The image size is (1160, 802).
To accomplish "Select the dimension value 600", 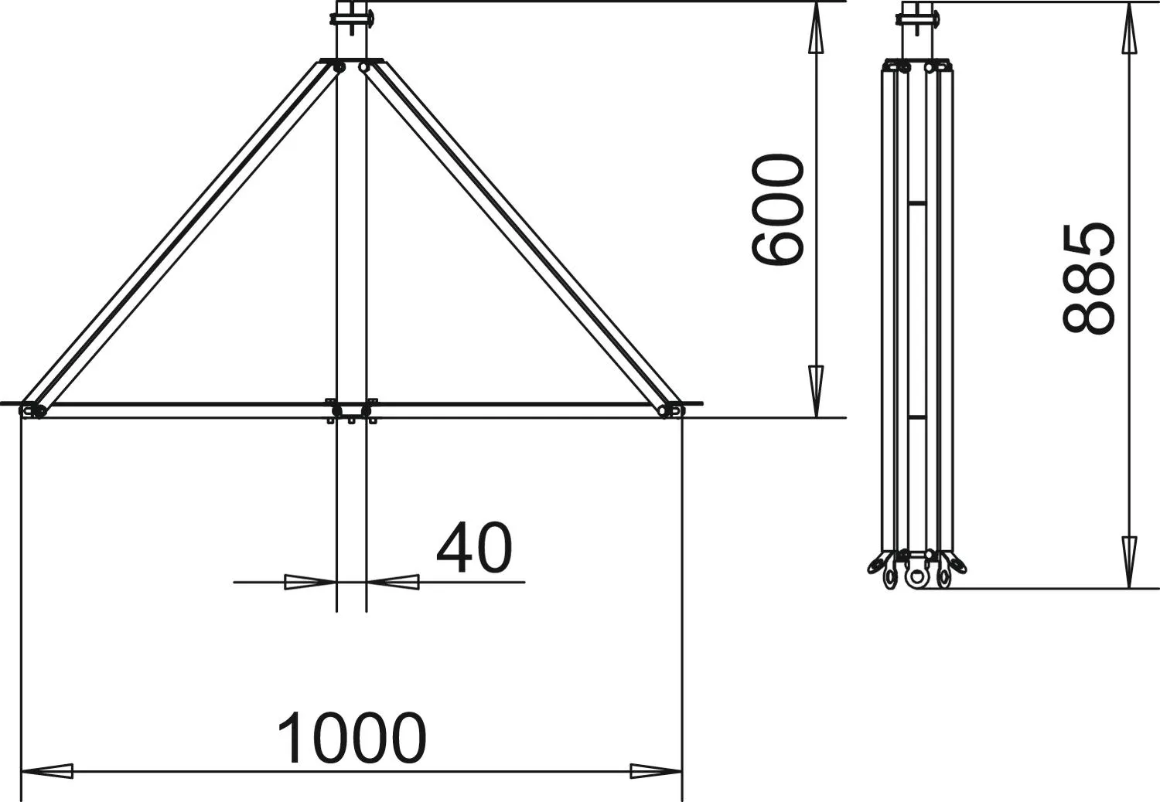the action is [x=777, y=210].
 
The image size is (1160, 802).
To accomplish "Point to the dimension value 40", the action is [x=474, y=548].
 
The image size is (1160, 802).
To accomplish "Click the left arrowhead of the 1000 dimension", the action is [x=46, y=771].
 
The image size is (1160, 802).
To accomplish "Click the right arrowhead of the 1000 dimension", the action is [x=656, y=771].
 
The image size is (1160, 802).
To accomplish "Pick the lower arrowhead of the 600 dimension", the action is [x=816, y=391].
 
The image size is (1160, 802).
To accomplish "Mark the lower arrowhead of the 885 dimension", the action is [x=1129, y=562].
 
